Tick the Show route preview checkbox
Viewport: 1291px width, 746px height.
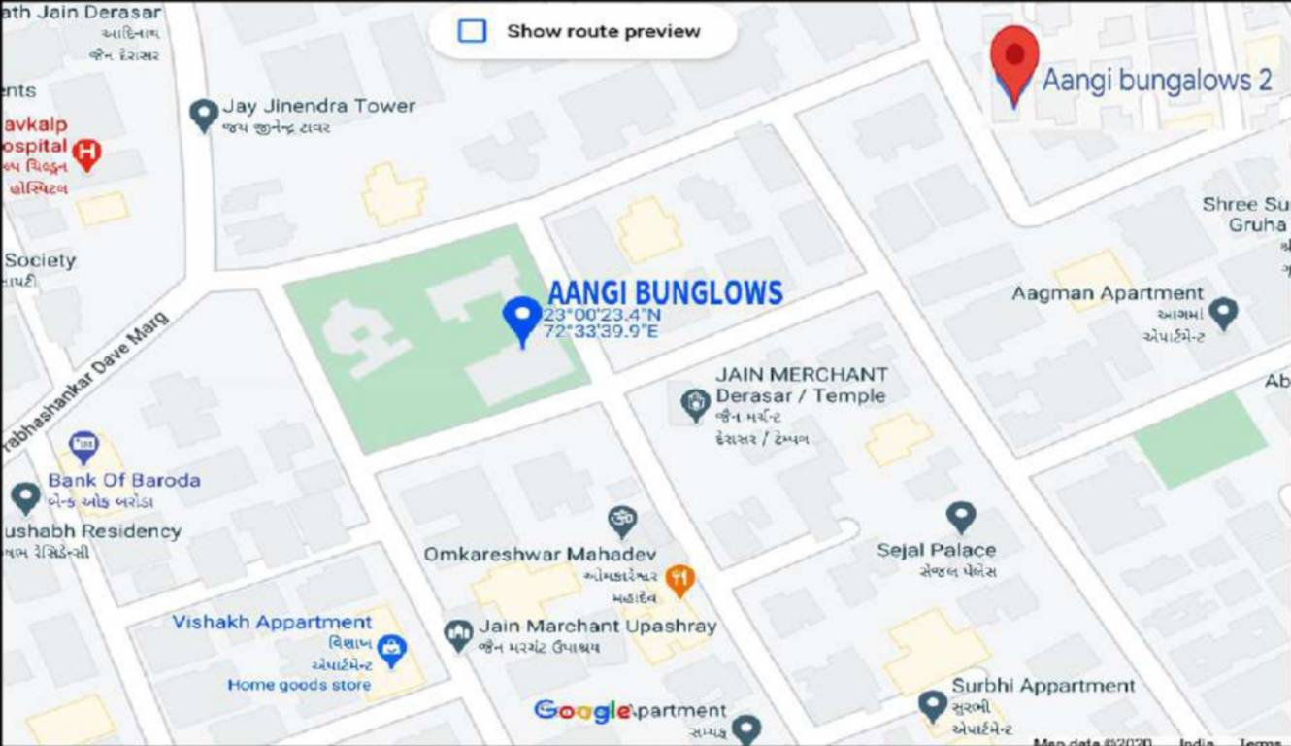[472, 31]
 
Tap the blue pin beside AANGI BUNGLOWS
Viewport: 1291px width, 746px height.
[523, 318]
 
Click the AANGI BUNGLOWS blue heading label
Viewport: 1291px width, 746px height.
[665, 292]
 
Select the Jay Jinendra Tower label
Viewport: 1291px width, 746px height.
[318, 106]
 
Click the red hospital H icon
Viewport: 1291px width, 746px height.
[87, 153]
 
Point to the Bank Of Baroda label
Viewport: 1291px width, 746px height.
[124, 480]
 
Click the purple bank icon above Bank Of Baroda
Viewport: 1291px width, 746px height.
[83, 446]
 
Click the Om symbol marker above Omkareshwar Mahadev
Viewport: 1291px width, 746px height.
[622, 519]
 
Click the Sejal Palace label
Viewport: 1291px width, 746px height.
[936, 550]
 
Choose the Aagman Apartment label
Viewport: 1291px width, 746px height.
[1108, 293]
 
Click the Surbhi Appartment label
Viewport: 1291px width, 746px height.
[1043, 686]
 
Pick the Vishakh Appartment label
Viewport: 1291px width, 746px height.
[272, 623]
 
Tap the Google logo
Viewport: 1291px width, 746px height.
[581, 711]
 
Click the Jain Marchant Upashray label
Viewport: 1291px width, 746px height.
[597, 627]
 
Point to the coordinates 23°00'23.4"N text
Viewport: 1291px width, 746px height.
[602, 316]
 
